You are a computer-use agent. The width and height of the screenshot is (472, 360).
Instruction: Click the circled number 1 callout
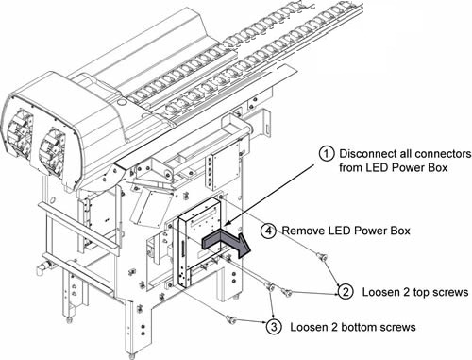[327, 154]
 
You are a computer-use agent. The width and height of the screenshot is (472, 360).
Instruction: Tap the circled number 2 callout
[346, 292]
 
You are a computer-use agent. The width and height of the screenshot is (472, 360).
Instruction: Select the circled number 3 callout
[274, 327]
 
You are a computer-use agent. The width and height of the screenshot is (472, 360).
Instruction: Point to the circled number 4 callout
[268, 231]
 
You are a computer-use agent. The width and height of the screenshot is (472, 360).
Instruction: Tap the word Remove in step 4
[303, 231]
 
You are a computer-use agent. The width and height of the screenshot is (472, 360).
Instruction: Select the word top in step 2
[421, 293]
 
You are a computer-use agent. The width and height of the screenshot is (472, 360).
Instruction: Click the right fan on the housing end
[52, 153]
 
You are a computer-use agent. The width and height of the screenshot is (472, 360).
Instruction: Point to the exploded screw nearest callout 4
[322, 257]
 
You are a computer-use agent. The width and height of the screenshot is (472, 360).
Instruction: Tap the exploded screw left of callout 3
[231, 319]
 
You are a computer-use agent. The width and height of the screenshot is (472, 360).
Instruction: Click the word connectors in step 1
[443, 154]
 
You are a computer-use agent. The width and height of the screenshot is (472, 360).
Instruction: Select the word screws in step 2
[450, 292]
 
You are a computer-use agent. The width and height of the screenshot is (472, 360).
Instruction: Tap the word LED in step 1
[377, 167]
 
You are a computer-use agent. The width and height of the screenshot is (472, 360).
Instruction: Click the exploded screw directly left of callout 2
[287, 292]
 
